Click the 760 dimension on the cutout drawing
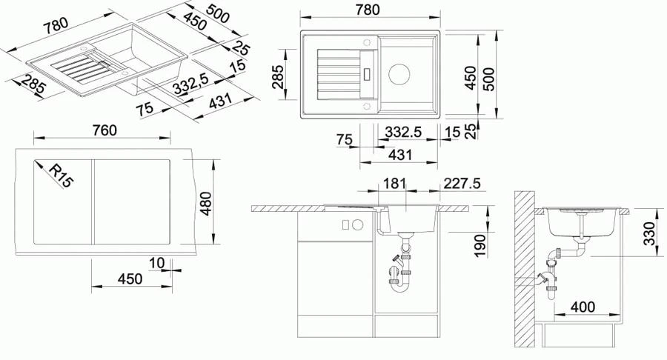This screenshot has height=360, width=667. click(x=104, y=130)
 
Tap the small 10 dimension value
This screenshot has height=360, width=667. click(x=156, y=261)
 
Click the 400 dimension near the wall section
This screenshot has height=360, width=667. click(x=583, y=306)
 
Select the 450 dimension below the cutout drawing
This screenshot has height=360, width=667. click(x=129, y=279)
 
